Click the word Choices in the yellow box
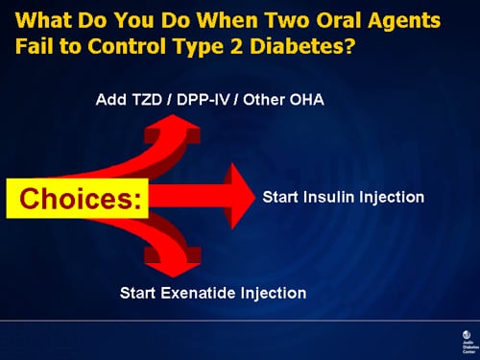77,199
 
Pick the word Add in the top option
109,99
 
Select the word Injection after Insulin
394,197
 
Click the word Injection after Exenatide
274,293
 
